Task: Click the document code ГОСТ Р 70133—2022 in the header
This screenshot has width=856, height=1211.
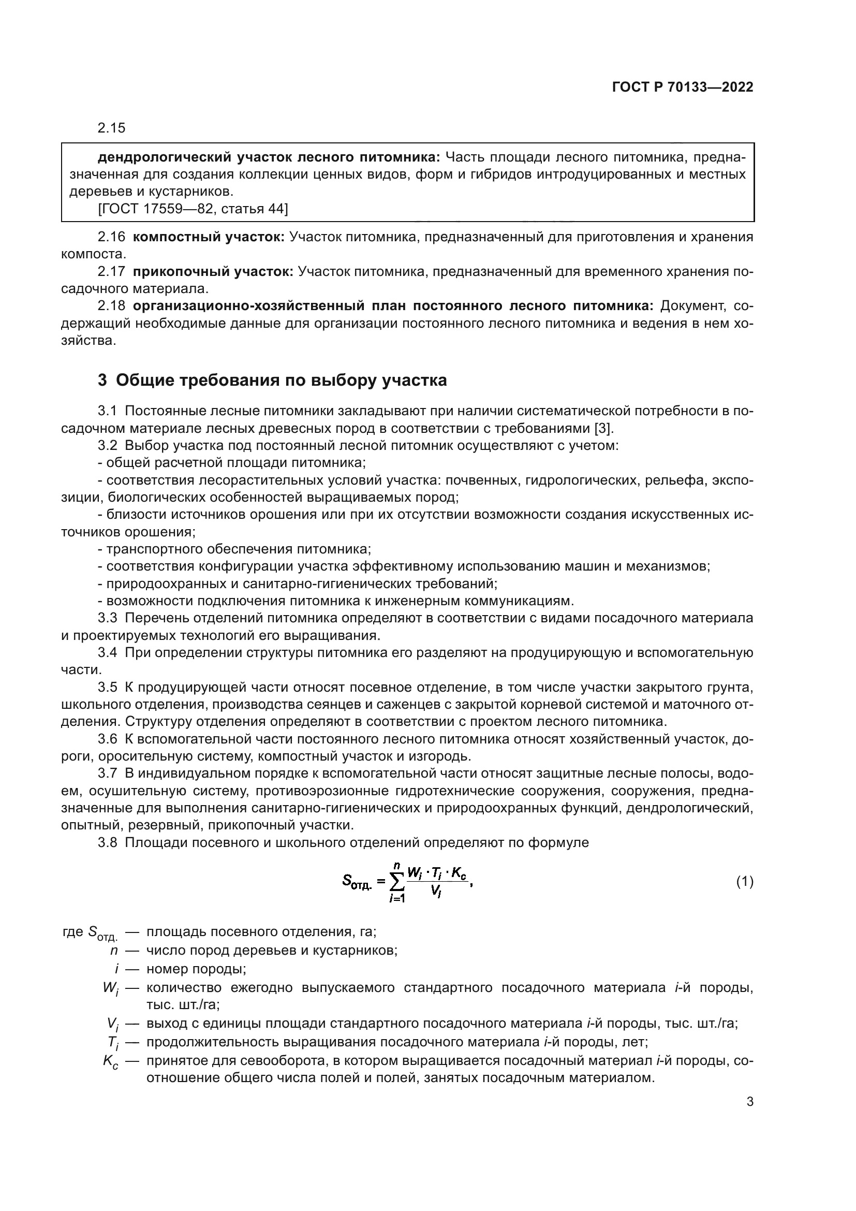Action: click(x=683, y=87)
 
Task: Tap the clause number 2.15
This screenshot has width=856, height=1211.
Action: click(x=111, y=128)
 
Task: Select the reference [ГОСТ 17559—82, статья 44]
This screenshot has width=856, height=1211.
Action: click(x=193, y=209)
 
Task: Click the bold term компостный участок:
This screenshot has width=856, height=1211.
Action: click(x=208, y=237)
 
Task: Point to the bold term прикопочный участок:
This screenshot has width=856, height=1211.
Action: click(x=212, y=272)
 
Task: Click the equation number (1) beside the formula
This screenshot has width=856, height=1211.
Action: click(x=744, y=882)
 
